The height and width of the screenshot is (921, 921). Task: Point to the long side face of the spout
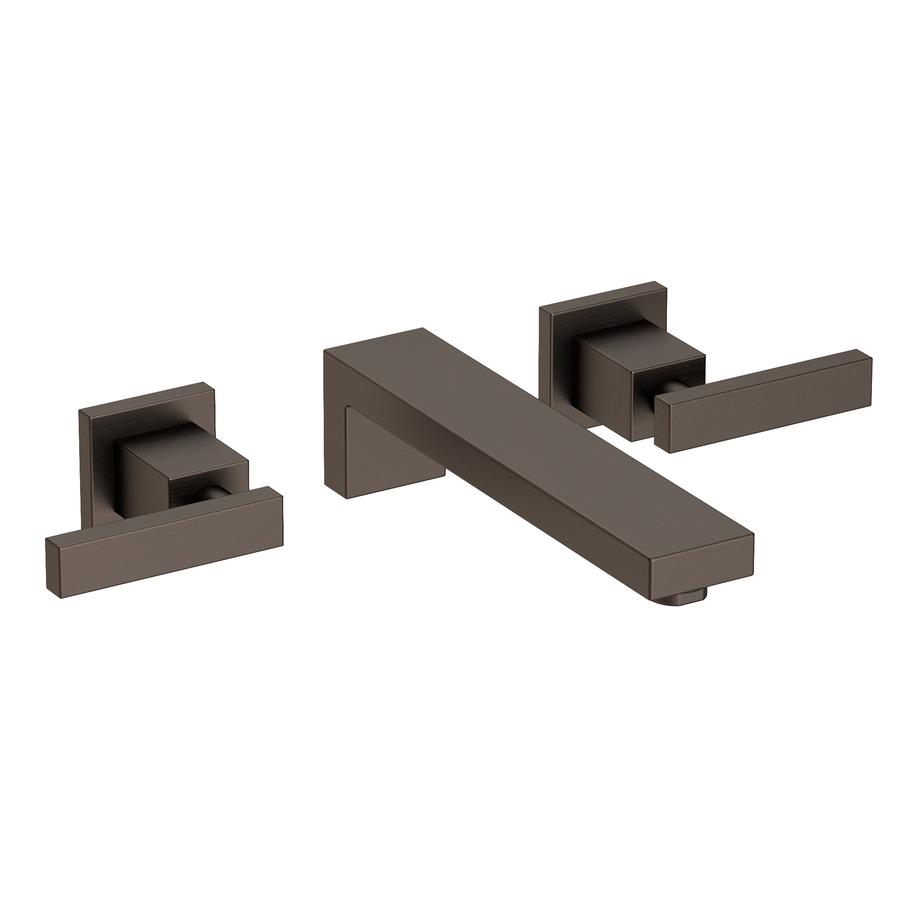point(500,491)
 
